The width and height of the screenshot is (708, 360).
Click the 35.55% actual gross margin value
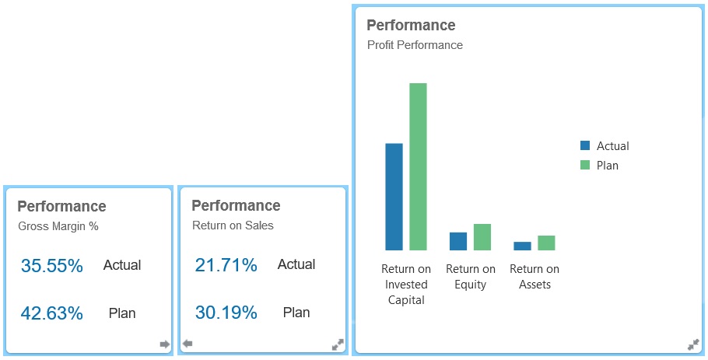coord(51,266)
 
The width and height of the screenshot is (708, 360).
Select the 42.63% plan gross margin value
coord(51,314)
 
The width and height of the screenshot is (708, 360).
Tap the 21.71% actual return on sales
coord(226,265)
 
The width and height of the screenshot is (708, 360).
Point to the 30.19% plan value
coord(226,313)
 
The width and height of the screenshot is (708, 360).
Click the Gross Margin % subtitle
coord(58,227)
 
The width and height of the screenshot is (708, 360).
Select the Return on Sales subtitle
coord(233,225)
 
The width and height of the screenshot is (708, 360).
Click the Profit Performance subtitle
coord(415,45)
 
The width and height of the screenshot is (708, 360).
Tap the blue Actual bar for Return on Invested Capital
coord(394,197)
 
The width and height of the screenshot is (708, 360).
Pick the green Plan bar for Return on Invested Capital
coord(419,166)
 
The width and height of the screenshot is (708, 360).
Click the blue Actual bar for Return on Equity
coord(458,241)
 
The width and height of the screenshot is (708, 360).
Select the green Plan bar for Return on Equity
coord(482,237)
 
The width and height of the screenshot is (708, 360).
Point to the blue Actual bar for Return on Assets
coord(522,246)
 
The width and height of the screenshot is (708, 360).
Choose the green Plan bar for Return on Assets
coord(546,243)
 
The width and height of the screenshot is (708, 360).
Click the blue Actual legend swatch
coord(585,145)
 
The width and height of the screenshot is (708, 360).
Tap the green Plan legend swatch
coord(585,165)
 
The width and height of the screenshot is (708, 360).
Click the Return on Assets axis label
coord(535,277)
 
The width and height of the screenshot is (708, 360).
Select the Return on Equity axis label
coord(471,277)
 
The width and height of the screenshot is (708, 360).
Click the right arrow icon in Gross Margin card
coord(164,344)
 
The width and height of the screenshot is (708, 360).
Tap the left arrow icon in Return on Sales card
coord(187,344)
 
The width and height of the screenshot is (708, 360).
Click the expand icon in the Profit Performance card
coord(693,344)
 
